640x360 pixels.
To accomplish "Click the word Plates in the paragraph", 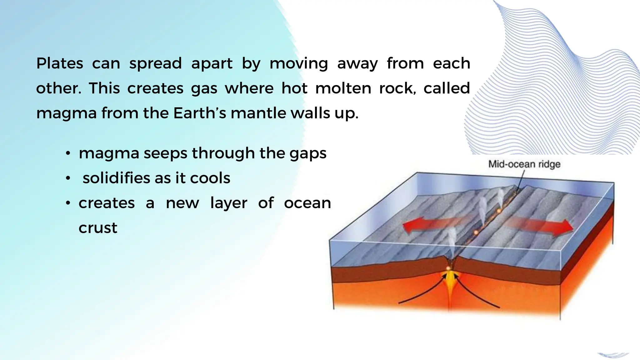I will [59, 63].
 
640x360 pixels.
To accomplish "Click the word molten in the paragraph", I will [343, 88].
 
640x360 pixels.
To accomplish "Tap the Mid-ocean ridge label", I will [524, 164].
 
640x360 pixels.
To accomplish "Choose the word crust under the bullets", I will [98, 228].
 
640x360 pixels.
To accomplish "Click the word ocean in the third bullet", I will [307, 203].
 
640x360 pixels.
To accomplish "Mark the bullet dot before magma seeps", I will [68, 154].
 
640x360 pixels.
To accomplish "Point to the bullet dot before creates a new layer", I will [68, 203].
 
